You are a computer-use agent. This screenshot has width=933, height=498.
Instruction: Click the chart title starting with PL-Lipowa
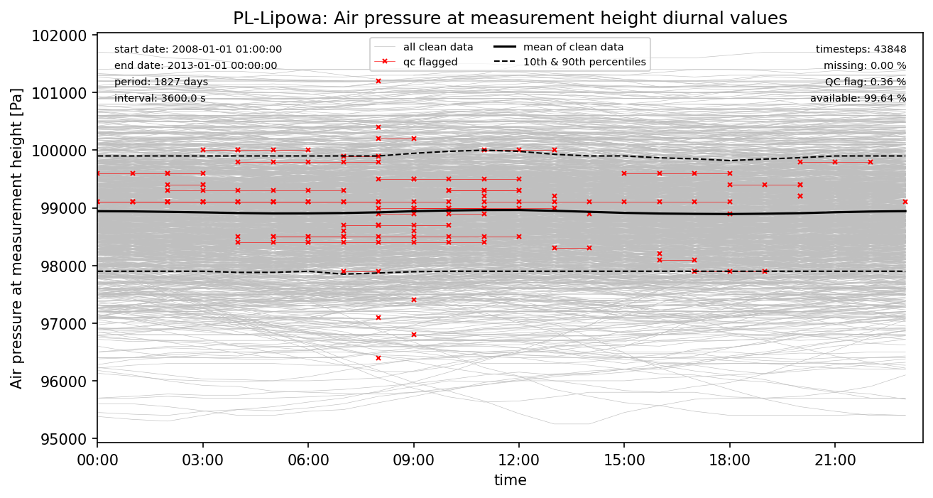tap(510, 18)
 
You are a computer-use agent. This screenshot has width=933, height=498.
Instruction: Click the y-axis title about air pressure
tap(17, 238)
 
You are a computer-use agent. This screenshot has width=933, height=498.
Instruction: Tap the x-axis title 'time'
tap(510, 481)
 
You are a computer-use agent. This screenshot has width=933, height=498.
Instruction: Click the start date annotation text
tap(198, 50)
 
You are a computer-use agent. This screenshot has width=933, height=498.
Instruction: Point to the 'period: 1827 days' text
tap(161, 82)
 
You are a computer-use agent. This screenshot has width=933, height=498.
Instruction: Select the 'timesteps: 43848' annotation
tap(861, 50)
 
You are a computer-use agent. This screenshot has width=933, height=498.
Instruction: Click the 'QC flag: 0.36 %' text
tap(866, 82)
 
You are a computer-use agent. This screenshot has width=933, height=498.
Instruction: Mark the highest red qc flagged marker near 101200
tap(378, 81)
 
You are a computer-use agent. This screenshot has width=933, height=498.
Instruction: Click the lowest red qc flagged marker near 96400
tap(378, 358)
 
